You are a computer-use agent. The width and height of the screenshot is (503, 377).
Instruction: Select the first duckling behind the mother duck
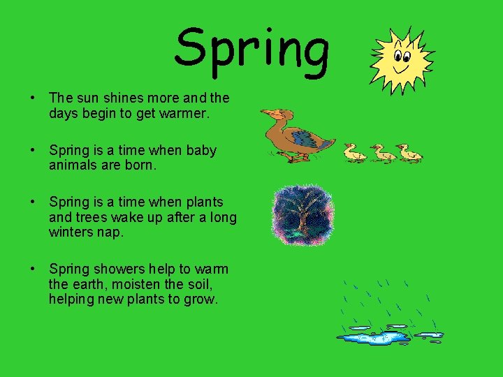355,152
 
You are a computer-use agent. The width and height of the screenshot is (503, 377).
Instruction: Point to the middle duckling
382,152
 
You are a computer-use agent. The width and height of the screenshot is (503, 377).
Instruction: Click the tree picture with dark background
302,215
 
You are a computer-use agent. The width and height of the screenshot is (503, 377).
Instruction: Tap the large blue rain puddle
374,338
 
